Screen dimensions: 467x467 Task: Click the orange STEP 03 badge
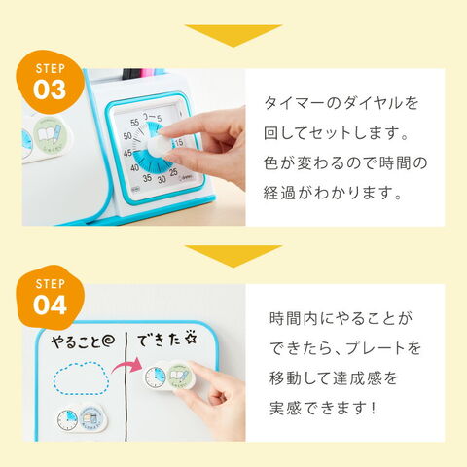point(50,82)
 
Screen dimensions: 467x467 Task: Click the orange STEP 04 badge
point(50,297)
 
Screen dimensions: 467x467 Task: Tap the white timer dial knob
point(159,146)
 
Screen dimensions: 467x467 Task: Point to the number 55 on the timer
point(134,123)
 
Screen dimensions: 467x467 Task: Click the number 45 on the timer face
point(127,152)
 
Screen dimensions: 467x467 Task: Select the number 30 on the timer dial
point(162,179)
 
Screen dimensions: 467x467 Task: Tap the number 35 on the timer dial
point(147,177)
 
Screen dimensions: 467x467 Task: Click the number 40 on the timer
point(134,167)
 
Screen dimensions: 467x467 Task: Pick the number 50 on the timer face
point(127,136)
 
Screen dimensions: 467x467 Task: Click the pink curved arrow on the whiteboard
point(126,364)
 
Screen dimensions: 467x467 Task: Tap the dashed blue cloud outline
point(81,378)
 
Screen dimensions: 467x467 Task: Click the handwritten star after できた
point(191,339)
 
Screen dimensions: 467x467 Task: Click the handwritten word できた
point(159,340)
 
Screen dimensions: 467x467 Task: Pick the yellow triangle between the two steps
point(233,256)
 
